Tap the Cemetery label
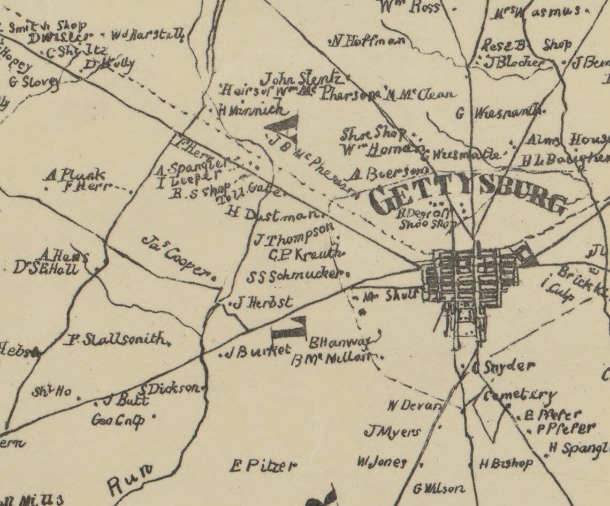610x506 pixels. (x=519, y=396)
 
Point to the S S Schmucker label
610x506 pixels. (x=294, y=276)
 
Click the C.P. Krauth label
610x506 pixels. (x=304, y=254)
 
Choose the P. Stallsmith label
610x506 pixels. (x=117, y=340)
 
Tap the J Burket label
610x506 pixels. (x=258, y=351)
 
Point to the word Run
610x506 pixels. (x=129, y=479)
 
